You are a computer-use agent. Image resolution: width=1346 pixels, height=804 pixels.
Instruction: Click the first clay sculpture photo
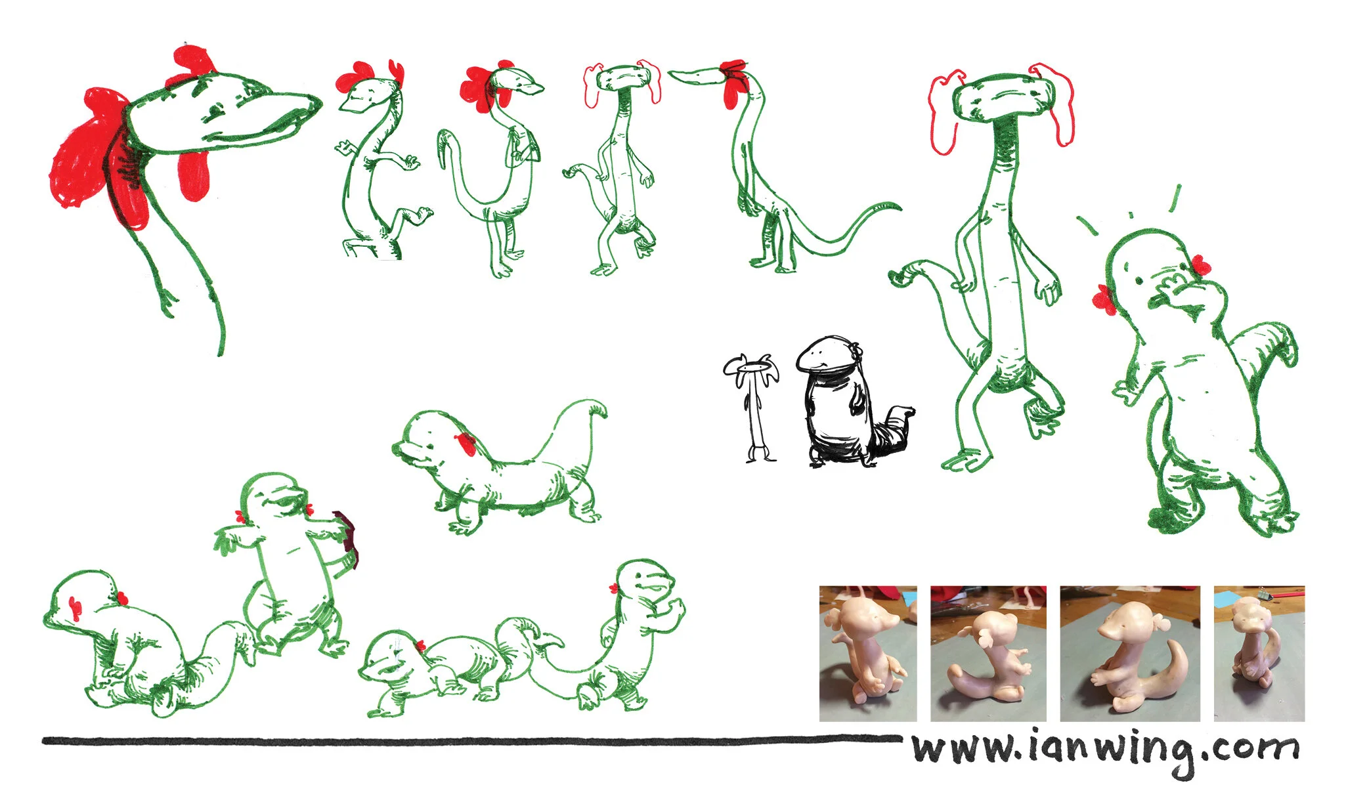pos(868,654)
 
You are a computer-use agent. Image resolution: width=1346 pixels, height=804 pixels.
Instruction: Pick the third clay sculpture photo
pos(1130,654)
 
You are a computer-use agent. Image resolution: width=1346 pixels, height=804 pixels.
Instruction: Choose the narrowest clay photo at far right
pos(1259,654)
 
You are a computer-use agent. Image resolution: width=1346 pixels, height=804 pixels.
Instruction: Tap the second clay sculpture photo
pos(988,654)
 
